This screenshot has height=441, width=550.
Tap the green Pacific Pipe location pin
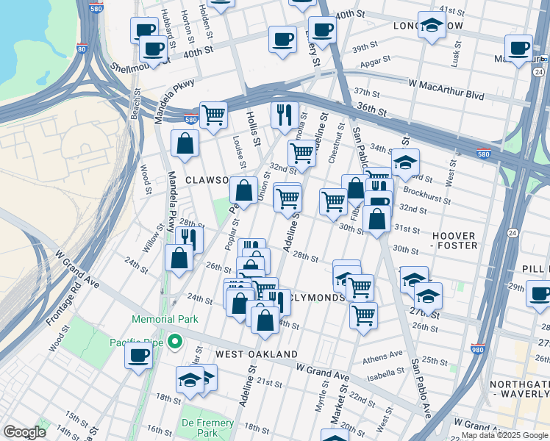point(175,341)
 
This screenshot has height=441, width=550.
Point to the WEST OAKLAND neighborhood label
point(245,354)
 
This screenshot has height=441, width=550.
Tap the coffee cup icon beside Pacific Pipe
point(138,356)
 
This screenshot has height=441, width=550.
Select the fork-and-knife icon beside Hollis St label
point(284,114)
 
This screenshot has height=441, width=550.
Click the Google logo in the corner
point(24,432)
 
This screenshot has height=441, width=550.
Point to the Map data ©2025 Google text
point(504,435)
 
